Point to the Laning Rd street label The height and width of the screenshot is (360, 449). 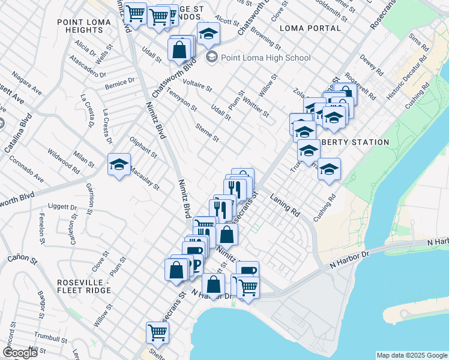coord(285,205)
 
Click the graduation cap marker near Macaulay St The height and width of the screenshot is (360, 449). coord(119,164)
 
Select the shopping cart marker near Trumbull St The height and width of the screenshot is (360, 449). coord(157,332)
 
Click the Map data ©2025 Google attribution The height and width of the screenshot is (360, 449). coord(411,355)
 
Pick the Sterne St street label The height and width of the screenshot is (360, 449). coord(208,133)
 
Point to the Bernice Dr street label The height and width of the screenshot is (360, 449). coord(119,82)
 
